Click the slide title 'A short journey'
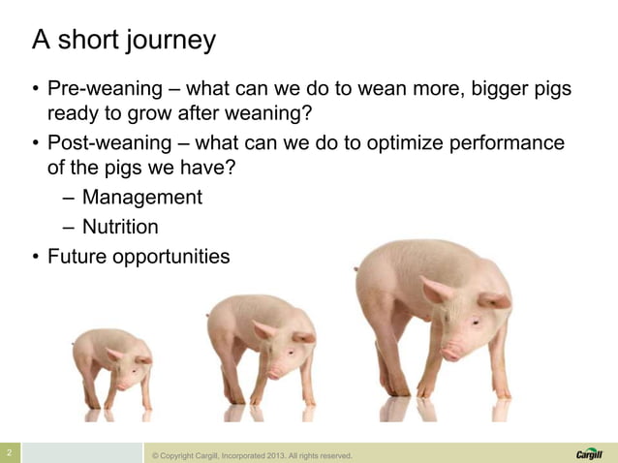coord(124,41)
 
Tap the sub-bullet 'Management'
coord(141,198)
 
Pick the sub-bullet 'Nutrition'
coord(120,228)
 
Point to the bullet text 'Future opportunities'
coord(139,257)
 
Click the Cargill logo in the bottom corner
coord(588,453)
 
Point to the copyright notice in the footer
coord(247,455)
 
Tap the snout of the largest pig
coord(452,353)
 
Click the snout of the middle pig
coord(275,372)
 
